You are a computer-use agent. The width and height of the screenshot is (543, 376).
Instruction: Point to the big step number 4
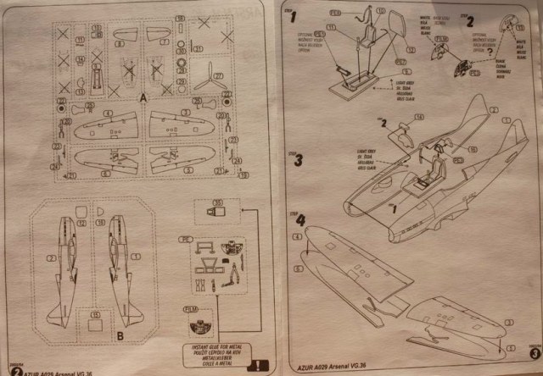tap(302, 219)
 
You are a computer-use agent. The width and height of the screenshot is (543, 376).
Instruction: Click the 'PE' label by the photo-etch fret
tap(182, 240)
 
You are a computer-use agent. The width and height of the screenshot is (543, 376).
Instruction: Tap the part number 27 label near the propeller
tap(219, 76)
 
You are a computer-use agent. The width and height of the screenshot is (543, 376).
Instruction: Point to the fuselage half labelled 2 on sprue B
tap(63, 263)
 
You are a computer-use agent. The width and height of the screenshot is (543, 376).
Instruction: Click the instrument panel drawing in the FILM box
tap(202, 323)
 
